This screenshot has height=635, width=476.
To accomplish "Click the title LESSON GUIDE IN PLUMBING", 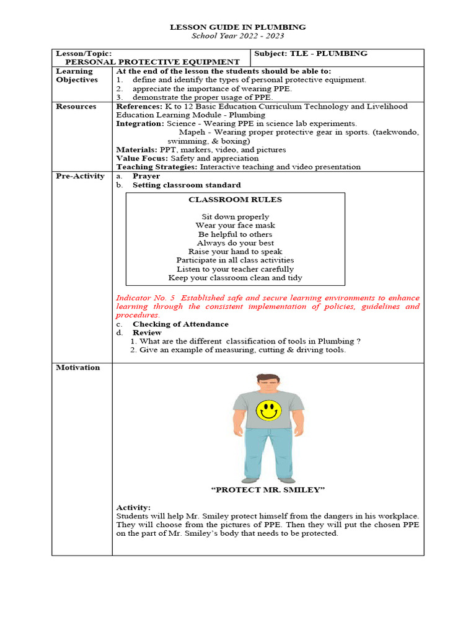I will tap(238, 27).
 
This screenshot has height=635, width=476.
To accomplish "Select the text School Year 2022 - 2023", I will tap(238, 36).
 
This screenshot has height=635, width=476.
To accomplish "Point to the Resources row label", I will tap(76, 107).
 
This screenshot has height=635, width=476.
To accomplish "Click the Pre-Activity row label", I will tap(80, 177).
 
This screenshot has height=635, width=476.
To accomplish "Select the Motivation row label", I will tap(77, 368).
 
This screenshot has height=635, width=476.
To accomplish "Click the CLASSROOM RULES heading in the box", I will tap(235, 200).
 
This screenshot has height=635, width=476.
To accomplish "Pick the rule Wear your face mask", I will tap(235, 226).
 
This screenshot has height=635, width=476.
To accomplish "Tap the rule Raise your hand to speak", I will tap(235, 252).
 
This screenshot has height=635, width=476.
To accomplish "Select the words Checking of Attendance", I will tap(180, 324).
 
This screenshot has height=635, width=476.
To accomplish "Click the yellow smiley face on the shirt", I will tap(268, 410).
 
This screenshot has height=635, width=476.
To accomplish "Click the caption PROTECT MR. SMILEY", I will tap(268, 491).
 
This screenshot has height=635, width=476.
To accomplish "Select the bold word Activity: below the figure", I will tap(133, 508).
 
